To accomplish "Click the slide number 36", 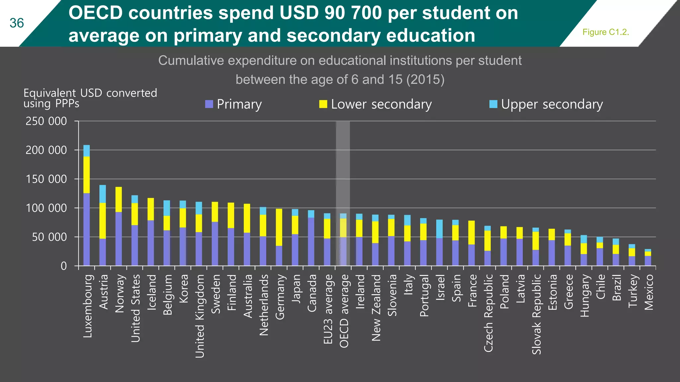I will click(x=17, y=23).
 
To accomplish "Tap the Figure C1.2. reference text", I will click(x=606, y=32).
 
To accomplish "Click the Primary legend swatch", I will click(x=209, y=104).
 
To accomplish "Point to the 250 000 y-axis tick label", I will click(x=46, y=121).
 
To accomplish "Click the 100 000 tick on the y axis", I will click(x=46, y=208).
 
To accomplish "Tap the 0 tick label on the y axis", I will click(x=64, y=266).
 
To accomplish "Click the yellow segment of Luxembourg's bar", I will click(x=86, y=175).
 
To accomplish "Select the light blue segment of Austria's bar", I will click(x=103, y=194).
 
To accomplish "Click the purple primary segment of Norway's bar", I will click(x=119, y=239).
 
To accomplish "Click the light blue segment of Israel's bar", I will click(x=439, y=229).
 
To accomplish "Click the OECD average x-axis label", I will click(x=344, y=311).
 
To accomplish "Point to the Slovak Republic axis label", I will click(x=536, y=314).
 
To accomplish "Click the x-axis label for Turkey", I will click(x=633, y=291).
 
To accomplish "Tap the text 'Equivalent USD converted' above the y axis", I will click(x=90, y=93).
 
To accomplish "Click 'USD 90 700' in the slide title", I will click(x=331, y=13).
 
